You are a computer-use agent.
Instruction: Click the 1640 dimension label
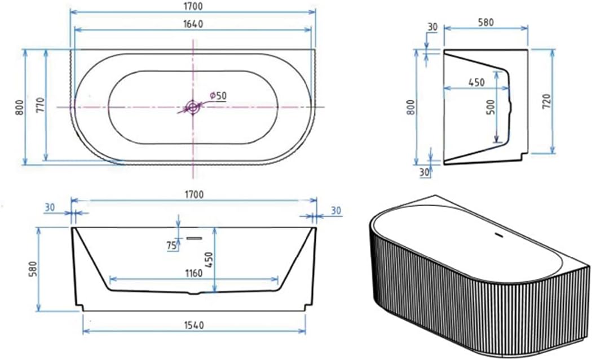click(x=193, y=24)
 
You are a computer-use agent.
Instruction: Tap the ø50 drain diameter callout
click(x=218, y=95)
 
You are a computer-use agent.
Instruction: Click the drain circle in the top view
click(x=193, y=107)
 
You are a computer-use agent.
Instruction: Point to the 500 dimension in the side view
click(x=490, y=107)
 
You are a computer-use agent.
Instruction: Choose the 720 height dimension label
click(x=546, y=102)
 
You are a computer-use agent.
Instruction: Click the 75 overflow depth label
click(x=171, y=246)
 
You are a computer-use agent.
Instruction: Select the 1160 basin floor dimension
click(x=194, y=273)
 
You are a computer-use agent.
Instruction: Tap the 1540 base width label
click(x=194, y=325)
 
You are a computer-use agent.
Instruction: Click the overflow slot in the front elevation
click(x=194, y=238)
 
